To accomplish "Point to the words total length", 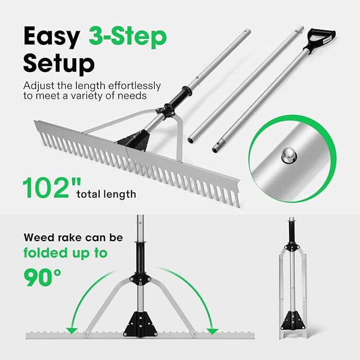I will tap(107, 194).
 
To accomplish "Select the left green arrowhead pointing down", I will tap(71, 331).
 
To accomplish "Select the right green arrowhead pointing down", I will tap(213, 331).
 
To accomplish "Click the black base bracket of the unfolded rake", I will tap(141, 321).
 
